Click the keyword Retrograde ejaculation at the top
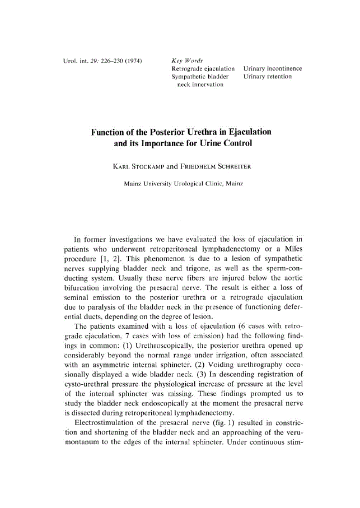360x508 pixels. coord(203,68)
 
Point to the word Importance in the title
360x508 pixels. coord(168,143)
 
